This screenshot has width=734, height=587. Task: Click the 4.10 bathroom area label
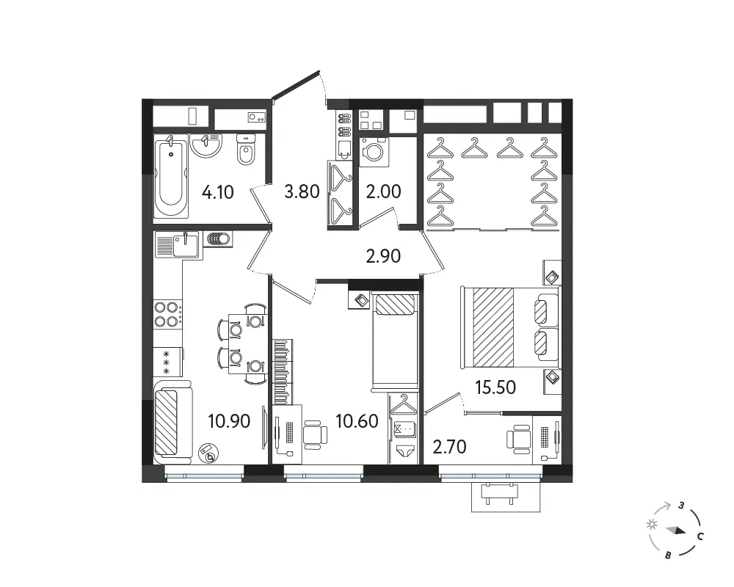click(x=218, y=192)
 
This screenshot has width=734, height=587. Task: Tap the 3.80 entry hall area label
click(x=302, y=191)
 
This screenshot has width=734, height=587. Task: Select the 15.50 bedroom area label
click(x=495, y=387)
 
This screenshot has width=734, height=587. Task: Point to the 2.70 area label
click(x=449, y=447)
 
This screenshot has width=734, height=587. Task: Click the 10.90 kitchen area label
click(x=229, y=421)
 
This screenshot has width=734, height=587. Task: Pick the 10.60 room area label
click(x=357, y=421)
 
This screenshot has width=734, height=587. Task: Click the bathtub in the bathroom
click(x=171, y=177)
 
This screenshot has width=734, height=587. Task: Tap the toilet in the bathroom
click(x=246, y=150)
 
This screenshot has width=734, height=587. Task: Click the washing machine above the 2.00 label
click(x=374, y=152)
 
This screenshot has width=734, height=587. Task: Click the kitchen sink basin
click(x=186, y=244)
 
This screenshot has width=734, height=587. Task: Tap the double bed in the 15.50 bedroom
click(x=510, y=327)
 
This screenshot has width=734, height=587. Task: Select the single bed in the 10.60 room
click(x=394, y=341)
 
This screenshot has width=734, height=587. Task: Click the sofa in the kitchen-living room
click(x=172, y=420)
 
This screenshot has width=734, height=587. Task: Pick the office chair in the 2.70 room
click(x=519, y=439)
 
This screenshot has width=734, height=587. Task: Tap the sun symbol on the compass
click(x=652, y=525)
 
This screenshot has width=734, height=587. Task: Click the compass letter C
click(x=700, y=536)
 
